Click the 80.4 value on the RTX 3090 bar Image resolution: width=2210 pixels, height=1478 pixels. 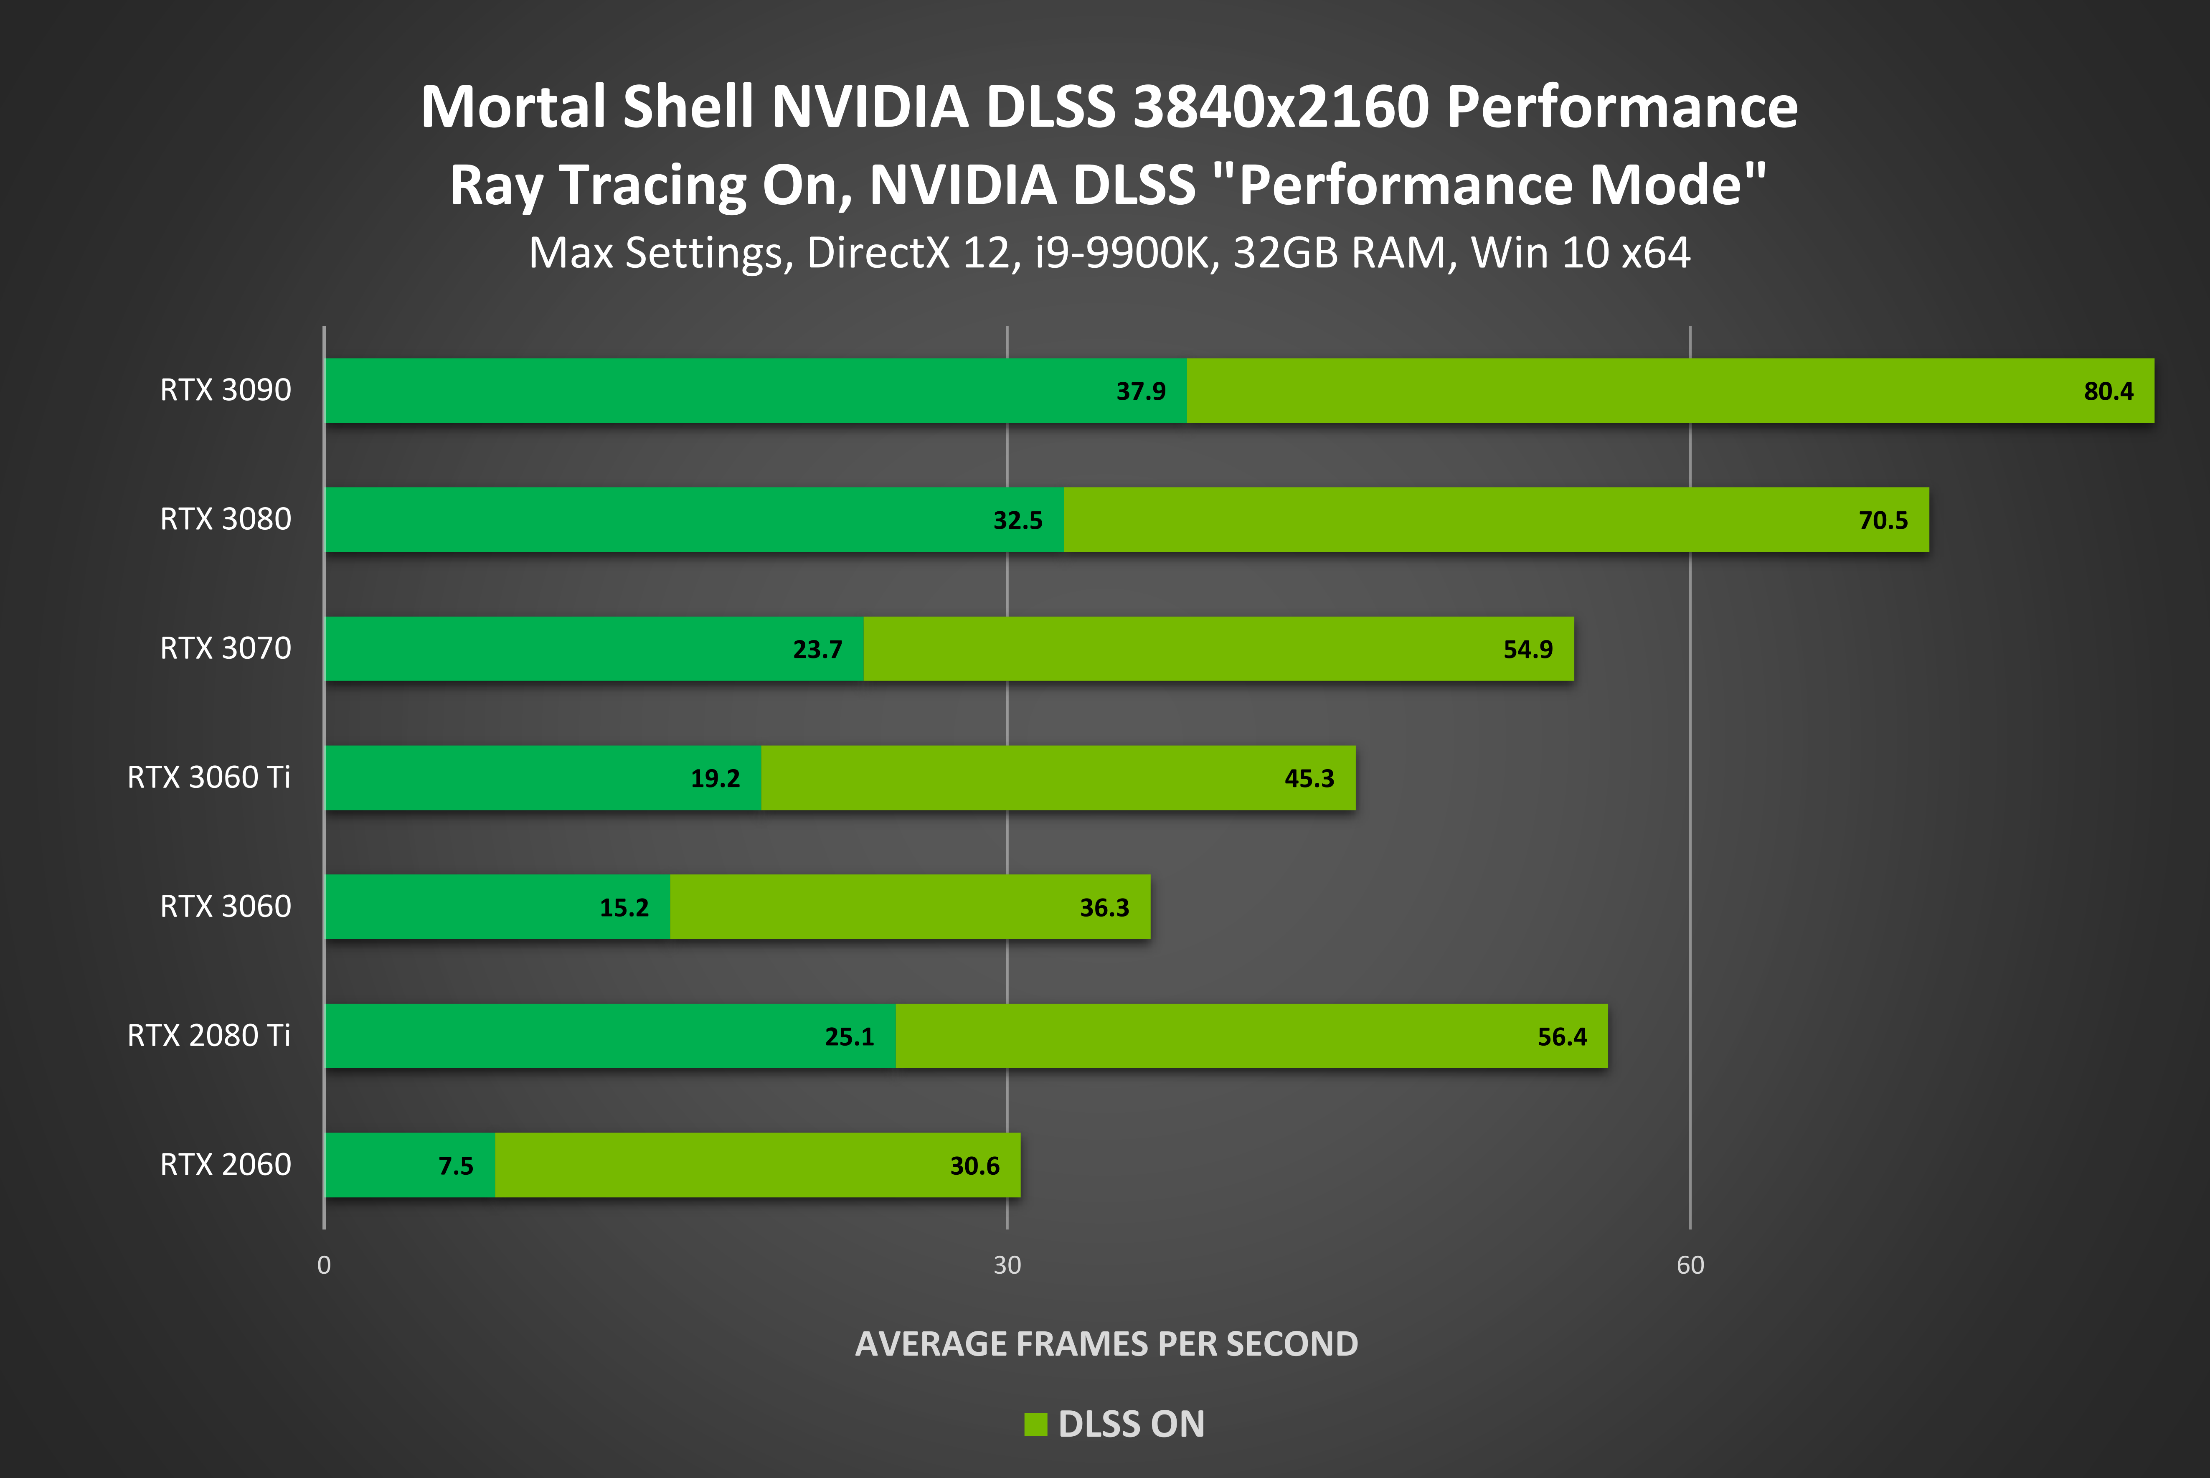[x=2108, y=391]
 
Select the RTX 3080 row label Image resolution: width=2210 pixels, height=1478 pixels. [x=225, y=519]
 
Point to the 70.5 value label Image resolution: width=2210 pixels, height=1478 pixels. [x=1883, y=521]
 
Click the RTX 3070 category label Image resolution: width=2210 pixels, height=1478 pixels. [x=225, y=648]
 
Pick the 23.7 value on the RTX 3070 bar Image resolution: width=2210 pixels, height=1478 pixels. [x=817, y=650]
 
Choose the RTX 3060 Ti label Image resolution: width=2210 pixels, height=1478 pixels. [x=208, y=778]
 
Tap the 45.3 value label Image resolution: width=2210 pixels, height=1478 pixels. [x=1309, y=779]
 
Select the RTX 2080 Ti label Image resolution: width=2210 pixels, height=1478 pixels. [x=208, y=1036]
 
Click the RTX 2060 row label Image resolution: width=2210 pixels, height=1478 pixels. [x=225, y=1165]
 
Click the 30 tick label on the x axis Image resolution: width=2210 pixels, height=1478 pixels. [x=1007, y=1265]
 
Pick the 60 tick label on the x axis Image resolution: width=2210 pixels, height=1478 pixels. [x=1690, y=1265]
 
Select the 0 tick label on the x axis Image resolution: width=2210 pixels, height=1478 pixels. [x=324, y=1265]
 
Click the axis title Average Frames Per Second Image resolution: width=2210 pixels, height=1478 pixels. [x=1106, y=1343]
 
